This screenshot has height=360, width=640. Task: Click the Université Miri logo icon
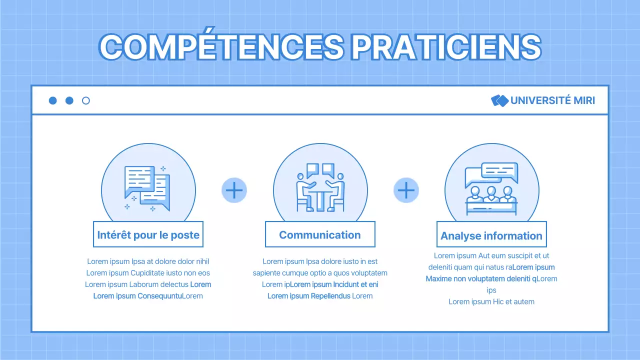tap(499, 100)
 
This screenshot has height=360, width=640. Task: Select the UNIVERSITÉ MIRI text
tap(552, 100)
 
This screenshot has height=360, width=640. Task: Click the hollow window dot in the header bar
tap(86, 100)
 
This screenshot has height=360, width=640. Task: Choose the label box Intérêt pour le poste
tap(148, 234)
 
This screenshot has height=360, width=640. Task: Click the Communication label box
tap(320, 234)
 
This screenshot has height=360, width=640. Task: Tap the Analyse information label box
tap(491, 235)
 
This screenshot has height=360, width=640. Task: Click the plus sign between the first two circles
tap(234, 190)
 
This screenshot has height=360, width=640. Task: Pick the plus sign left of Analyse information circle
tap(406, 190)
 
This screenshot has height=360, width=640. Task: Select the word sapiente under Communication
tap(266, 273)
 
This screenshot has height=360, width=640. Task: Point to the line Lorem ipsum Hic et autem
tap(491, 301)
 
